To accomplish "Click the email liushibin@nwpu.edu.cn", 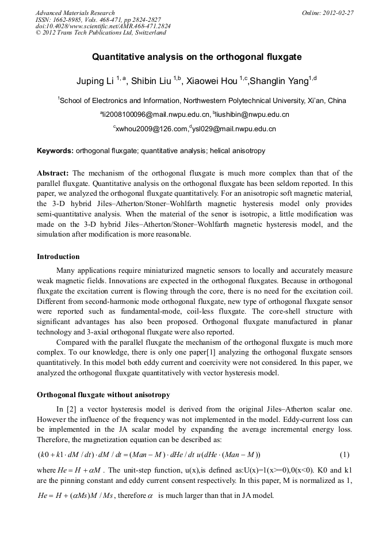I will click(252, 115).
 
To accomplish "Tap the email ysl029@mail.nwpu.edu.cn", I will click(237, 130).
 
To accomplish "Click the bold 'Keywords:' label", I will click(55, 151).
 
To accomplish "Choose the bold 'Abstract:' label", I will click(53, 173).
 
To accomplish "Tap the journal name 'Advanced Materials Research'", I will click(75, 13).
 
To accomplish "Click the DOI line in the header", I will click(102, 26).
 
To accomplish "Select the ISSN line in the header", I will click(98, 20).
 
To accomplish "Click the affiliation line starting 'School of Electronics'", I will click(202, 100).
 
